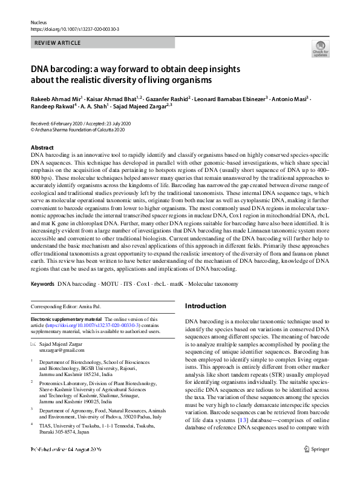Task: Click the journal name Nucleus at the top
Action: pos(38,22)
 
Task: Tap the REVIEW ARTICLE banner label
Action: pos(58,44)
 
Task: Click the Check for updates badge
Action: pos(320,48)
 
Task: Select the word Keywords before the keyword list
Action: pos(42,283)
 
